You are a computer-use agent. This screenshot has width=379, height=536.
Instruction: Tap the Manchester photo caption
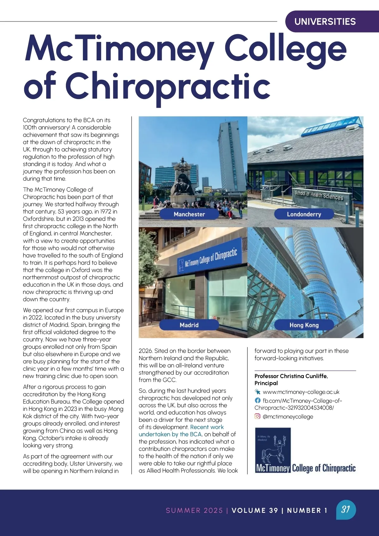[189, 214]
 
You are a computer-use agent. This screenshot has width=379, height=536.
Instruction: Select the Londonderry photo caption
[304, 214]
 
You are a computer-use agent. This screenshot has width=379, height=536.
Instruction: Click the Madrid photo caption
[189, 325]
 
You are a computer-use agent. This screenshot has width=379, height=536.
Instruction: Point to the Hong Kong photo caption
[304, 325]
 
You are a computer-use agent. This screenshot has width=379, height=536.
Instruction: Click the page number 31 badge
[346, 509]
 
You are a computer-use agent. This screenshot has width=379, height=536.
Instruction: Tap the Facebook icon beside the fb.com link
[258, 400]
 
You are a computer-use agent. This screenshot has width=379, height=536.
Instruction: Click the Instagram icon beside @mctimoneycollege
[258, 417]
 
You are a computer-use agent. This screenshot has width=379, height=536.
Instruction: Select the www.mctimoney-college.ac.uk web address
[301, 392]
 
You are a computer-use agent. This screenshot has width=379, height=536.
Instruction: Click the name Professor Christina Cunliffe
[291, 376]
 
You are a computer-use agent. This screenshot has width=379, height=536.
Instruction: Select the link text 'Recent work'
[207, 427]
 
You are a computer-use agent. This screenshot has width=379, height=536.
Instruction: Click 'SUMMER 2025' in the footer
[194, 510]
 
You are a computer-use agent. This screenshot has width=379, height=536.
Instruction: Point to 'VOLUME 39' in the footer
[255, 510]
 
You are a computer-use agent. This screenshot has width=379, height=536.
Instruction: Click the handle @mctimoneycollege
[288, 417]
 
